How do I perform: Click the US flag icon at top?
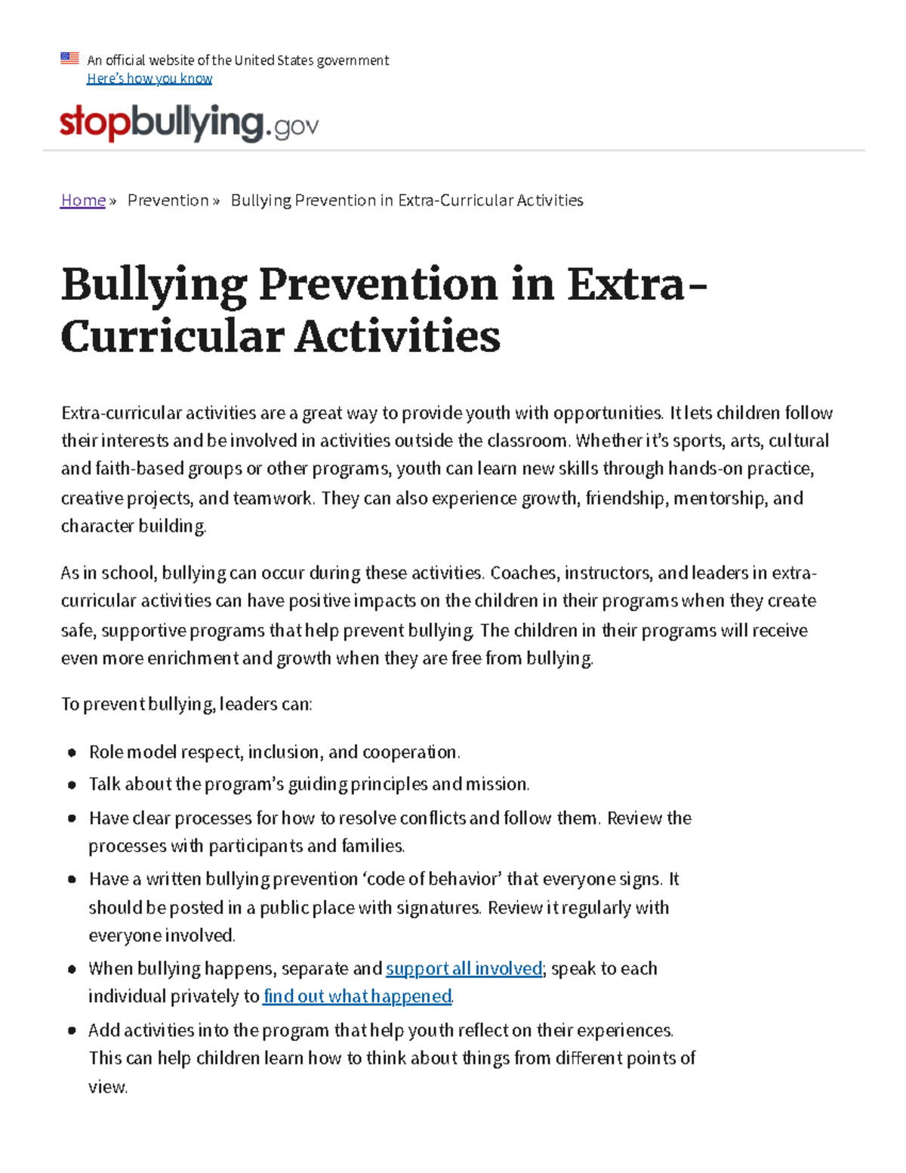[69, 58]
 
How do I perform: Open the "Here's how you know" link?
[149, 79]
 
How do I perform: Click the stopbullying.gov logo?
[189, 124]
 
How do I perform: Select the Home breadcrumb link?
[83, 200]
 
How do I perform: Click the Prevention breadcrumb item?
[168, 200]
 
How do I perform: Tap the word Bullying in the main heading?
[154, 285]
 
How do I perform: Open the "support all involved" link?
[464, 968]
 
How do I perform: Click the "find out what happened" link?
[357, 996]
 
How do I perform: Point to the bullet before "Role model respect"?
[72, 752]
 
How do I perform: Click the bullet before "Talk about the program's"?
[72, 785]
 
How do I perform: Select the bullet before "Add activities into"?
[72, 1030]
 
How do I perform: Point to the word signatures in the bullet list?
[438, 907]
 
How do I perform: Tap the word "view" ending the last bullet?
[107, 1087]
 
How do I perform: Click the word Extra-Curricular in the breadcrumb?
[455, 200]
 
